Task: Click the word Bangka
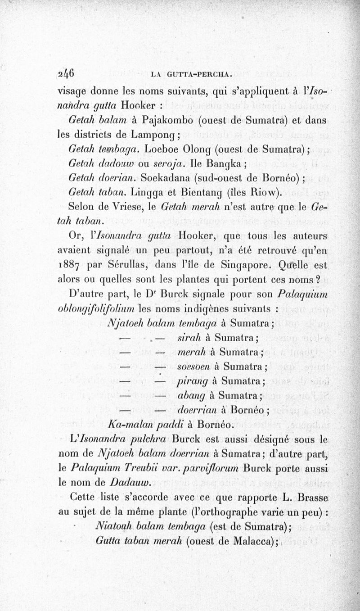229,163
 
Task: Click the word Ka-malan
127,424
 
